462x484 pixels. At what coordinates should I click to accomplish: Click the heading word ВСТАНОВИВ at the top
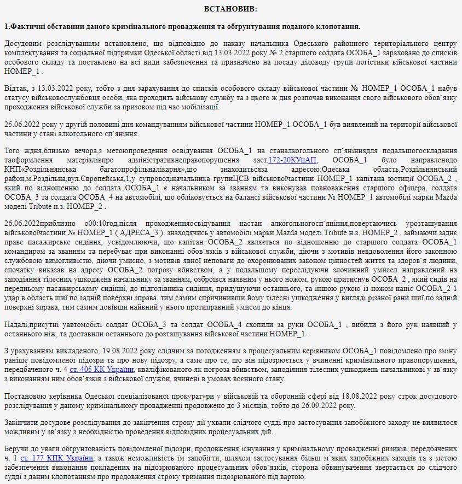pos(230,9)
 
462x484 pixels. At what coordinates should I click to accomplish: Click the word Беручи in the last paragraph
pos(15,449)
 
